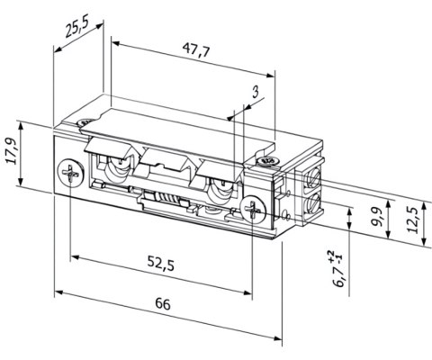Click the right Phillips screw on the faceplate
coord(256,211)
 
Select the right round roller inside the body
coord(219,192)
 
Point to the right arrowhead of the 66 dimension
coord(280,339)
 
